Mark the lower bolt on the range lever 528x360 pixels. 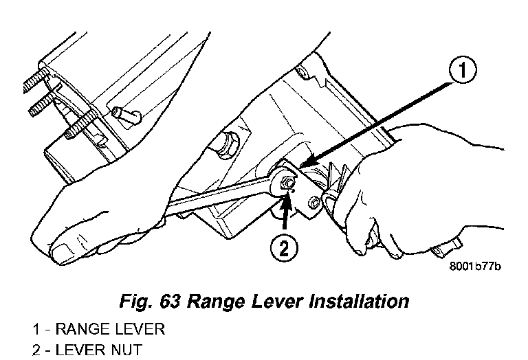click(x=315, y=203)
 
